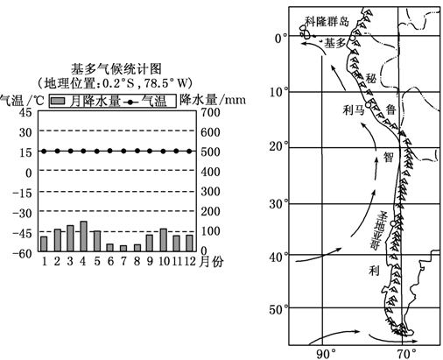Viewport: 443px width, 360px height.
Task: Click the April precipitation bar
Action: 83,236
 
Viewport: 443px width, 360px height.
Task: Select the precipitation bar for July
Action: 123,249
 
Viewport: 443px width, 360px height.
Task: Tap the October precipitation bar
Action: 164,240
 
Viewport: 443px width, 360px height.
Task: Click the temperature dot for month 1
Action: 44,151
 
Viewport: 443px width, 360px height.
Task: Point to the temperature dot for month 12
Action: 189,151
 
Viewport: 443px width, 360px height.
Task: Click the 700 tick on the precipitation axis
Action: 210,112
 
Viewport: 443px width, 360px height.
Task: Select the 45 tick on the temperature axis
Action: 25,112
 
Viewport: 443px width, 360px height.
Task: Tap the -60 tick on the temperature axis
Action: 22,253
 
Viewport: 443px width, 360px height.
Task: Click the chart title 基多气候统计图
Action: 116,69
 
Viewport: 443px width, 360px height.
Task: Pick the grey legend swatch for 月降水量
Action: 58,102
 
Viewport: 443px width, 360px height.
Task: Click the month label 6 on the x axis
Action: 110,261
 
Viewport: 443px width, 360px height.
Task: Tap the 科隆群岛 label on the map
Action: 327,21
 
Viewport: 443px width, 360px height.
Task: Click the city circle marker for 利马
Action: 368,105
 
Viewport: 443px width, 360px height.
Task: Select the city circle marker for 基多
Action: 353,38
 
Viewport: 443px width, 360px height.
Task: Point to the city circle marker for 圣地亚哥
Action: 393,223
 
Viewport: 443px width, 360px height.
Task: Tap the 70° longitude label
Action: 405,355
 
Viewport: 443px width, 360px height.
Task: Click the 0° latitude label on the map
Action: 281,39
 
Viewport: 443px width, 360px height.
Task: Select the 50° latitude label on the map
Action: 278,309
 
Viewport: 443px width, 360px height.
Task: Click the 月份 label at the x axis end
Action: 211,262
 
